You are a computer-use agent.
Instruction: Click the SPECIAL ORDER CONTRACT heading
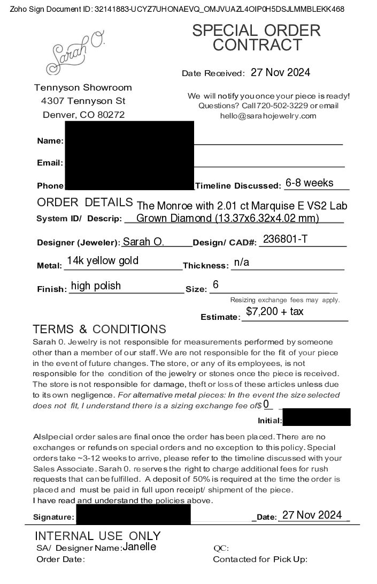tap(256, 38)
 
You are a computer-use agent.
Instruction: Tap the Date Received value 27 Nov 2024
tap(280, 72)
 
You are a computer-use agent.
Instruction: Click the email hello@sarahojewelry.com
tap(268, 116)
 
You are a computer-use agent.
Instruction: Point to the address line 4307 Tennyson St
tap(83, 101)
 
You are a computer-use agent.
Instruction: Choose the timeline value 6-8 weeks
tap(309, 183)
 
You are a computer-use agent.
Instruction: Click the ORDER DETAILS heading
tap(84, 203)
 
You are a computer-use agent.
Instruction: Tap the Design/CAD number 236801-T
tap(285, 239)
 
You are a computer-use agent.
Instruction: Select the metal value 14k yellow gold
tap(103, 261)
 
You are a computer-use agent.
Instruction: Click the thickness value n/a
tap(242, 263)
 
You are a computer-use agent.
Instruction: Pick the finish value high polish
tap(96, 286)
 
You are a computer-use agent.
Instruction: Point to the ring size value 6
tap(216, 284)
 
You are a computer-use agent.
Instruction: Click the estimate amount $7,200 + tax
tap(275, 311)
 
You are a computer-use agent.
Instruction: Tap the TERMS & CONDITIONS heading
tap(99, 329)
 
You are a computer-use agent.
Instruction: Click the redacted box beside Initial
tap(316, 417)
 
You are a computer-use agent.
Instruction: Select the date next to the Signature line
tap(312, 515)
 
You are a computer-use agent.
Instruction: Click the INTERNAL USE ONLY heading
tap(97, 536)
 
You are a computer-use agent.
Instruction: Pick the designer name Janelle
tap(139, 547)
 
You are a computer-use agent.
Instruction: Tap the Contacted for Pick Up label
tap(260, 559)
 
